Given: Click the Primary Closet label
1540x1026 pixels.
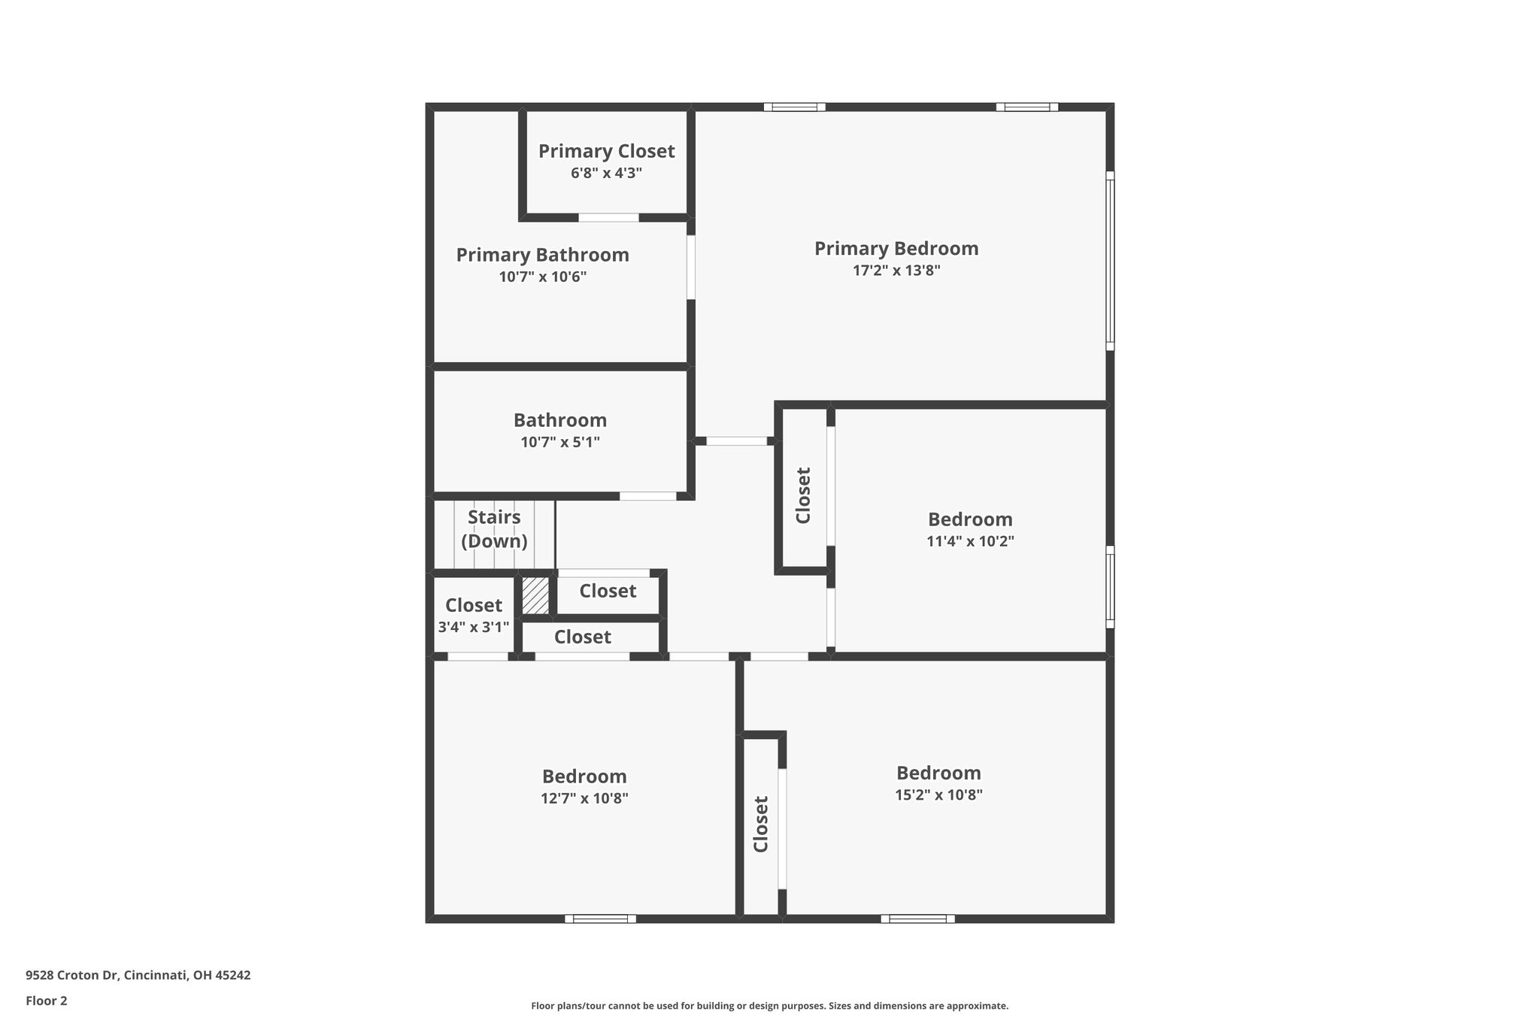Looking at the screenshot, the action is [x=606, y=152].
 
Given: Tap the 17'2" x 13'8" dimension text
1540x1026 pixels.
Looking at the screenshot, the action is [x=896, y=271].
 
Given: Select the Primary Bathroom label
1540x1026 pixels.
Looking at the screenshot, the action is [x=542, y=256].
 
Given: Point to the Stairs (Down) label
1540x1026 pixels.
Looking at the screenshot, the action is [x=494, y=529].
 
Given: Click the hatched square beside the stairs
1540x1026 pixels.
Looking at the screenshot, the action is [x=535, y=595].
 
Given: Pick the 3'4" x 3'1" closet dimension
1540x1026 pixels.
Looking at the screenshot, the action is [x=474, y=627].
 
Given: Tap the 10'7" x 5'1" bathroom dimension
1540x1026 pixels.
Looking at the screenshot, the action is [x=560, y=443].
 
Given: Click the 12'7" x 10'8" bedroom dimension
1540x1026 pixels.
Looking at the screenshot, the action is [x=584, y=798].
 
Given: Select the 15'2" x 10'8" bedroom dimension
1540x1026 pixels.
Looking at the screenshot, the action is [x=938, y=795].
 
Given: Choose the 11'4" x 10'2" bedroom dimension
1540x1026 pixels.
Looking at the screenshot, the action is [x=970, y=541].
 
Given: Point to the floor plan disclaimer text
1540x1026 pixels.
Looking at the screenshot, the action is [x=769, y=1006].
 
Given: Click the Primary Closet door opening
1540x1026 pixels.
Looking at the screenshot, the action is [x=608, y=218].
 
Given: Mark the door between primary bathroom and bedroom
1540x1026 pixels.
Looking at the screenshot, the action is [x=691, y=268].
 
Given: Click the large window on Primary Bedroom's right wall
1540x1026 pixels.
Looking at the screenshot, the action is [x=1110, y=261].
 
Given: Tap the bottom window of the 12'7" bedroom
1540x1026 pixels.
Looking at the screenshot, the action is [x=600, y=919].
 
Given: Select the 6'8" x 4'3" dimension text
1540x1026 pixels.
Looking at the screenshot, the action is [x=606, y=174].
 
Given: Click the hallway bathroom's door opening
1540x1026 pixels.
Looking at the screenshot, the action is [x=648, y=496].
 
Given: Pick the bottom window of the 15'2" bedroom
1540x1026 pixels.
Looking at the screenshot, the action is [x=917, y=919].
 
